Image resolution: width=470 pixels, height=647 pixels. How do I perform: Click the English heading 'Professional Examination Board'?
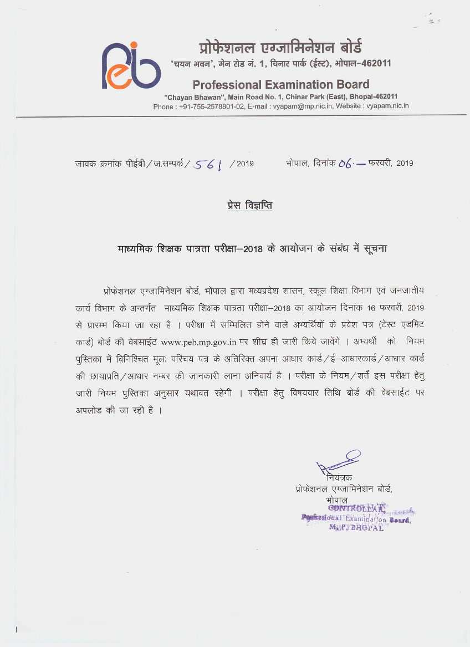click(x=281, y=84)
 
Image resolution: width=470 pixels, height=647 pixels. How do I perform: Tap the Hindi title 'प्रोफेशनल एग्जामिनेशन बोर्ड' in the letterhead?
click(x=281, y=47)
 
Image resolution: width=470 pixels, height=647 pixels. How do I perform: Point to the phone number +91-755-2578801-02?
click(x=212, y=106)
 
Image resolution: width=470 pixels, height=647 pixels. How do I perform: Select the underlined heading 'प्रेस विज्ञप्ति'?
click(x=249, y=206)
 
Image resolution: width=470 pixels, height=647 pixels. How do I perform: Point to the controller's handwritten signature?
click(x=338, y=460)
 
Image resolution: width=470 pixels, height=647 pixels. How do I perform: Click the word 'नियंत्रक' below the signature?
click(x=339, y=477)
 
